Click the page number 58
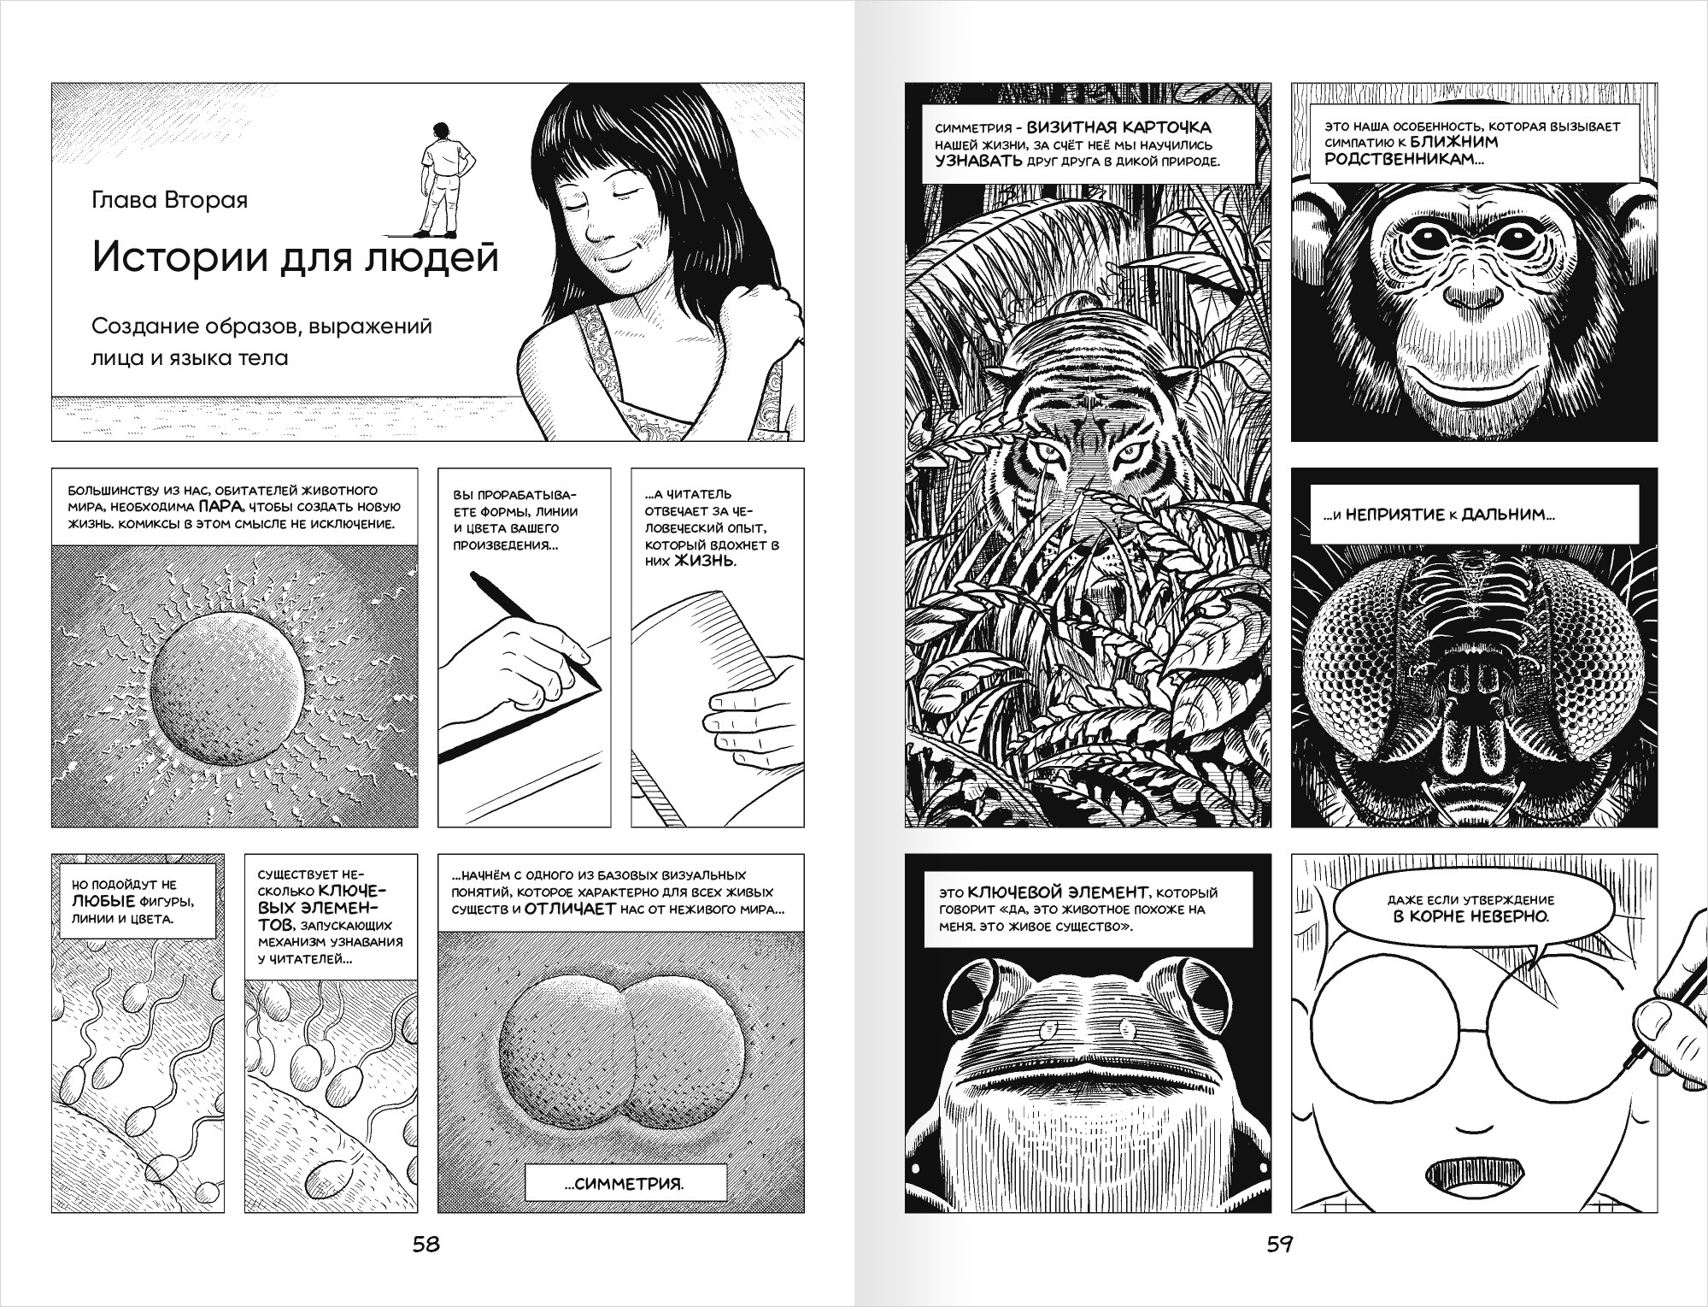[426, 1245]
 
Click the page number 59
[1279, 1245]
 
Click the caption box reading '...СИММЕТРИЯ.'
[625, 1184]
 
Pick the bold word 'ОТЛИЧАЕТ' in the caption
[570, 909]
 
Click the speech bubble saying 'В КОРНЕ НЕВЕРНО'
[1469, 910]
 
